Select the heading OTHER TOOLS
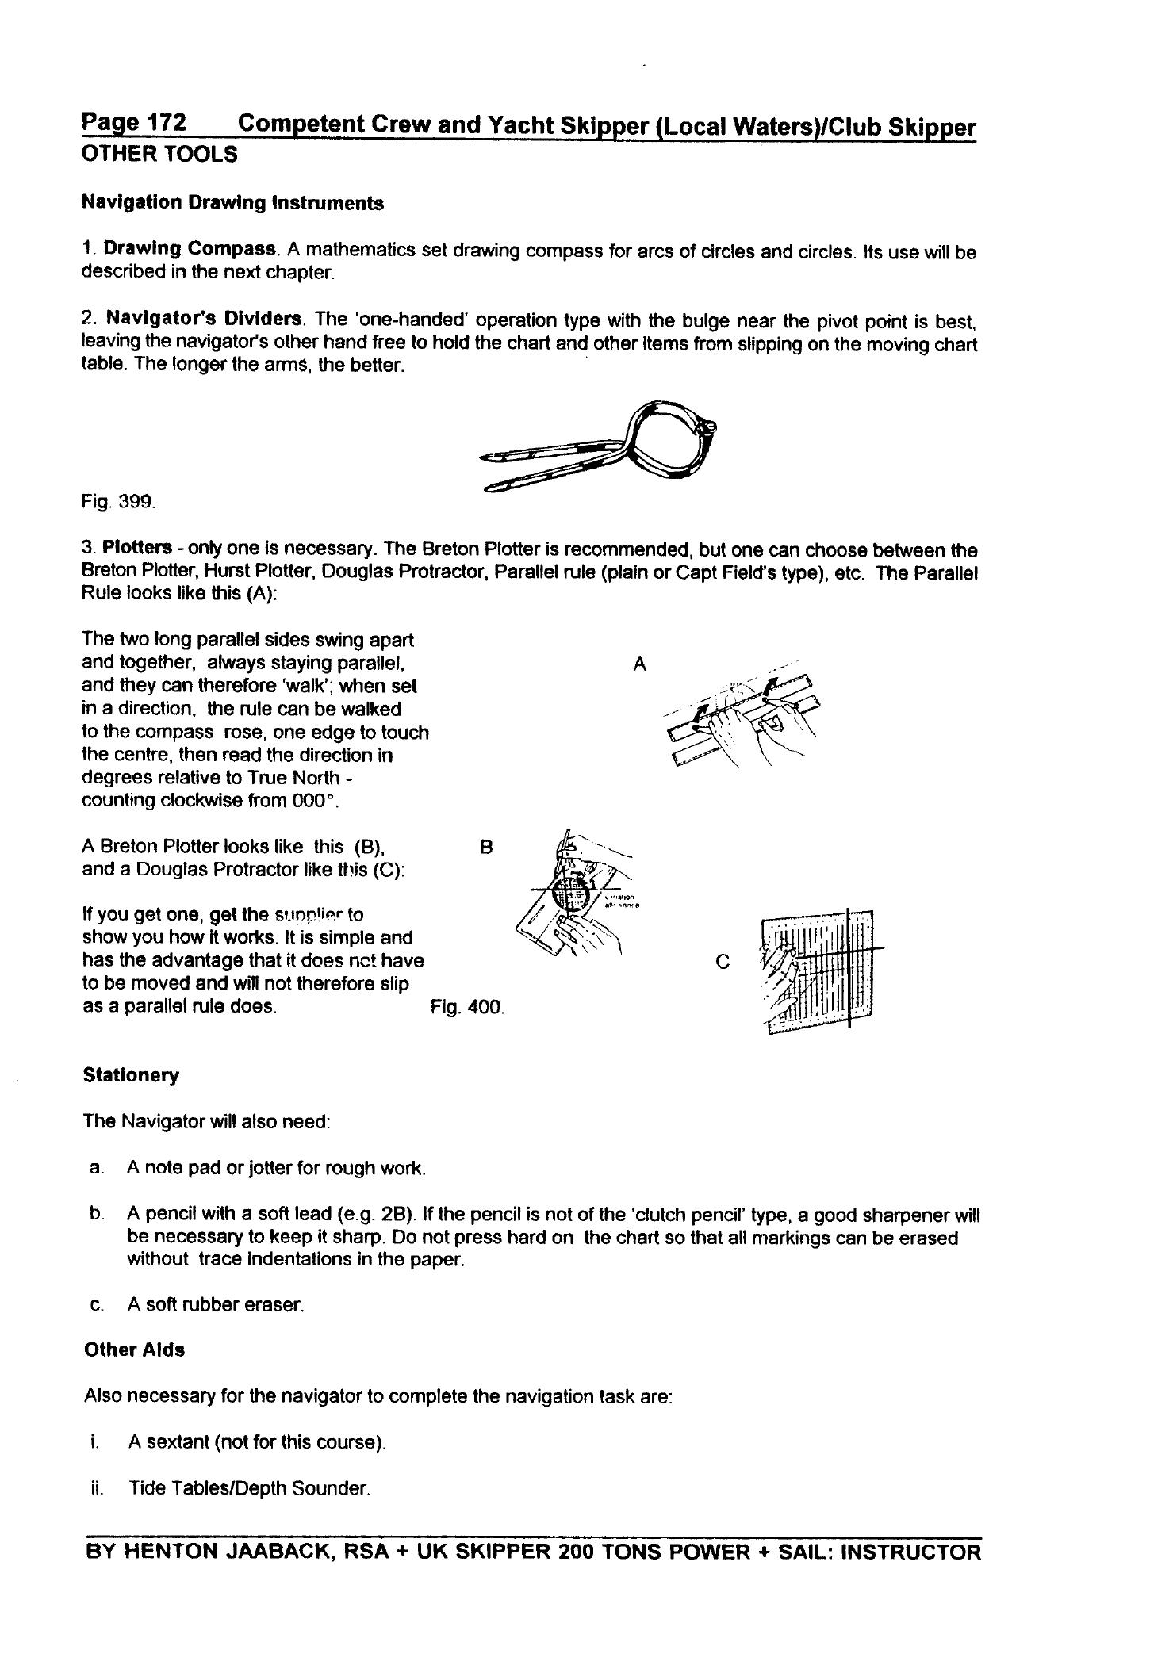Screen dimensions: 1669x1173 (x=159, y=155)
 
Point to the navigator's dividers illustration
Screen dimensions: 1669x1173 (x=603, y=447)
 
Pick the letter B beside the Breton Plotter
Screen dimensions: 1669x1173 (x=487, y=847)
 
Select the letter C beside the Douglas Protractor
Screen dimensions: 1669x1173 (x=722, y=962)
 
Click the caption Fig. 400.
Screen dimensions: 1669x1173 (x=467, y=1008)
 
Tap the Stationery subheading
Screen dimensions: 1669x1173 (x=131, y=1076)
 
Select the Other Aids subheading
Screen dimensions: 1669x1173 (x=134, y=1350)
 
